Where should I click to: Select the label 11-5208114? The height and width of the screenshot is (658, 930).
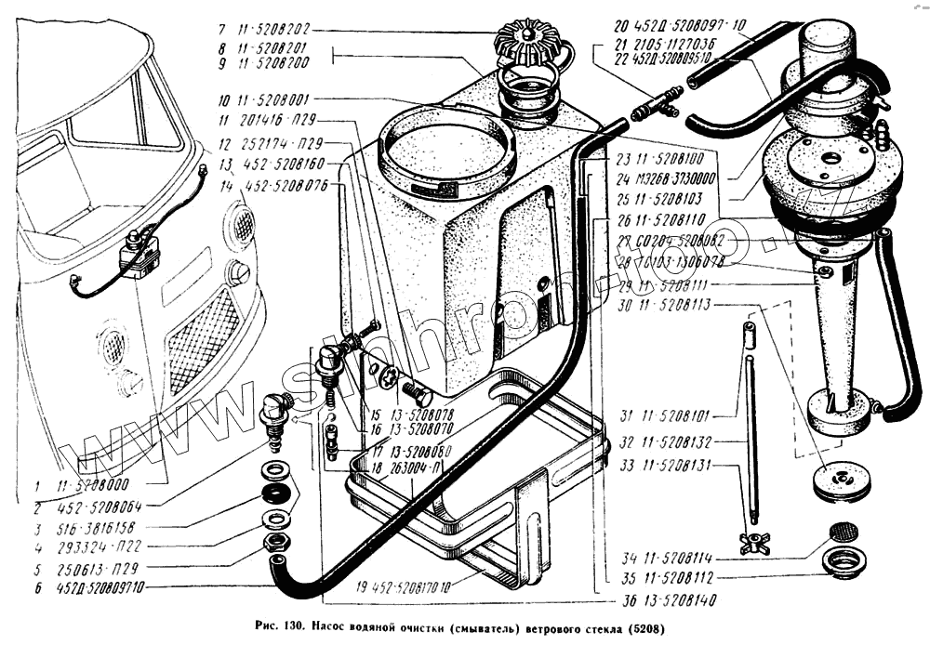click(671, 558)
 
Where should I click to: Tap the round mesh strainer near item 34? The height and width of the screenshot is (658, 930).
click(843, 532)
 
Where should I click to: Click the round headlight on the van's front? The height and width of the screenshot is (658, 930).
click(239, 271)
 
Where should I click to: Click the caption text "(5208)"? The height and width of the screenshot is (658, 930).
click(645, 626)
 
